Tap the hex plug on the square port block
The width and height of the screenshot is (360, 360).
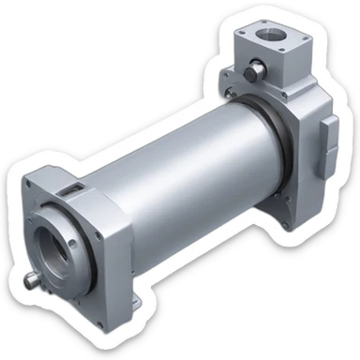[x=253, y=73]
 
